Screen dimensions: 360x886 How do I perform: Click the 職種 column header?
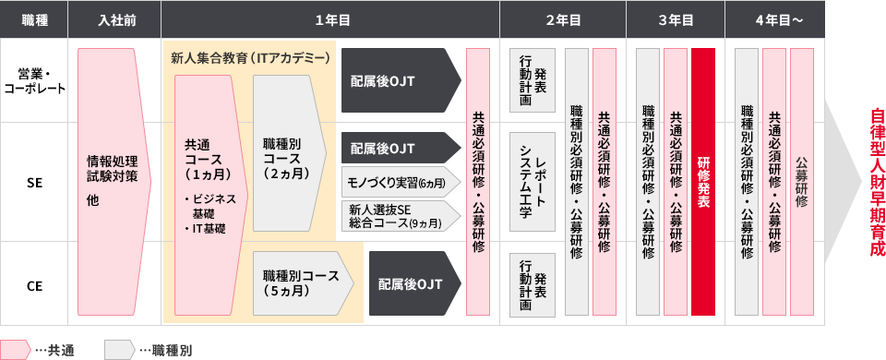pos(35,19)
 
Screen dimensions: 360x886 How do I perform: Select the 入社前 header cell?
pos(117,19)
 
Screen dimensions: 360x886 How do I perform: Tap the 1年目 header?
pos(330,19)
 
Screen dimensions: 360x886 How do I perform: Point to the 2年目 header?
pos(562,19)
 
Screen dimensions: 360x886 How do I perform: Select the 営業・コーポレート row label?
pos(35,80)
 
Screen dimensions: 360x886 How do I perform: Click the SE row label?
pos(35,185)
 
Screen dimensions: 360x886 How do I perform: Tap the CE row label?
pos(35,287)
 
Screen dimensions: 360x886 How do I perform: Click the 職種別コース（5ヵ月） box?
pos(300,283)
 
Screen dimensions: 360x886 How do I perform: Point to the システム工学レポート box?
pos(532,181)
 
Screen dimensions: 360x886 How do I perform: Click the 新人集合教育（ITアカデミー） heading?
pos(250,58)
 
